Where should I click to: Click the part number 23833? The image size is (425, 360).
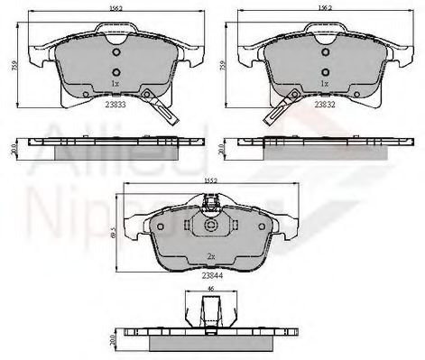115,104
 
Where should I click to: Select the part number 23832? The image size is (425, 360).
327,104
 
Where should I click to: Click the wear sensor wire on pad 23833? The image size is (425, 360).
165,113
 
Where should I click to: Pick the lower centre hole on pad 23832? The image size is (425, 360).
326,73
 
